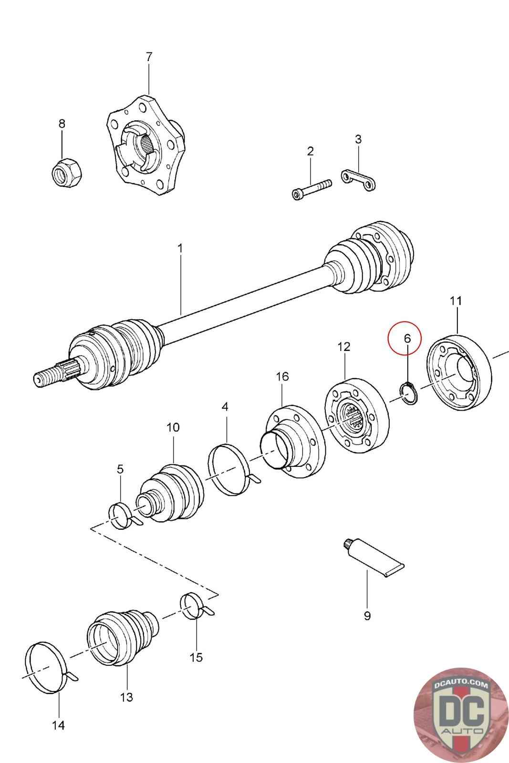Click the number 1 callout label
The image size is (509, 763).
pos(180,248)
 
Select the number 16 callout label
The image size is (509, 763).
pos(282,377)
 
